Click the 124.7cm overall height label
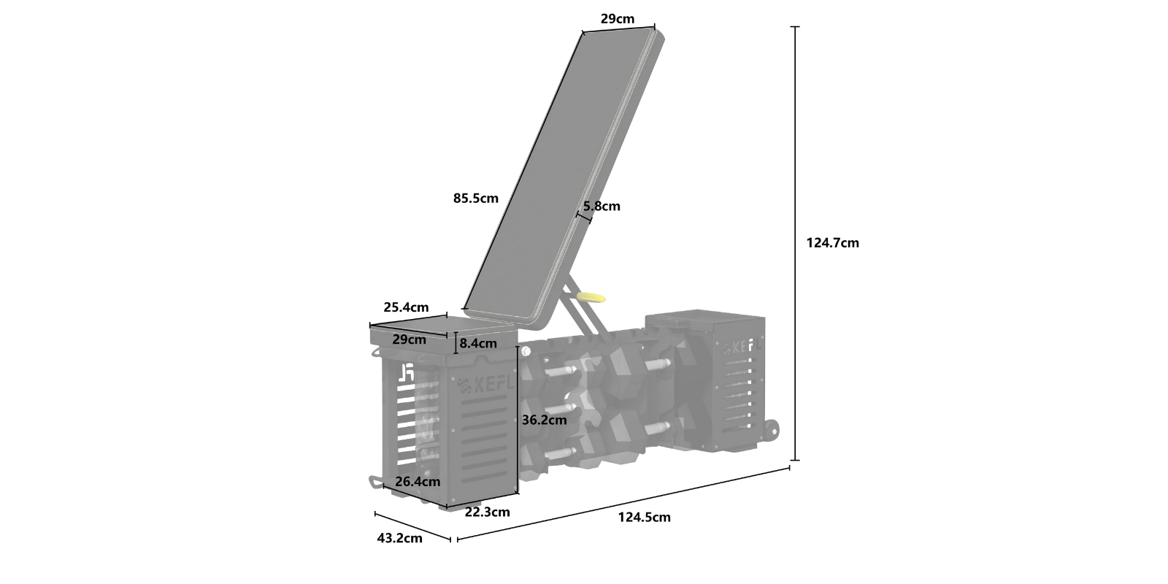point(832,243)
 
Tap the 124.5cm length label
point(645,518)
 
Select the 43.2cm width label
point(399,538)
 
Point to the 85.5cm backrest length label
point(475,198)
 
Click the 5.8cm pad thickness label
point(602,206)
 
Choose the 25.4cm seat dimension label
point(406,307)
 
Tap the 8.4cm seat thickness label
point(478,344)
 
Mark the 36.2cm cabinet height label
point(545,420)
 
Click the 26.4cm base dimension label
point(418,481)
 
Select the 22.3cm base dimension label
point(488,512)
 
